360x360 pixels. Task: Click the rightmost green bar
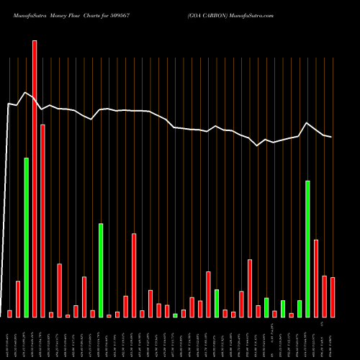click(x=308, y=248)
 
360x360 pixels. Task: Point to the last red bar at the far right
click(x=333, y=297)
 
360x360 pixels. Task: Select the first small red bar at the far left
click(x=10, y=313)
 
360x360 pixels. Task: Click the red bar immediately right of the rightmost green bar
click(x=316, y=278)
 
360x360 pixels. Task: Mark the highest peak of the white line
click(x=26, y=92)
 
